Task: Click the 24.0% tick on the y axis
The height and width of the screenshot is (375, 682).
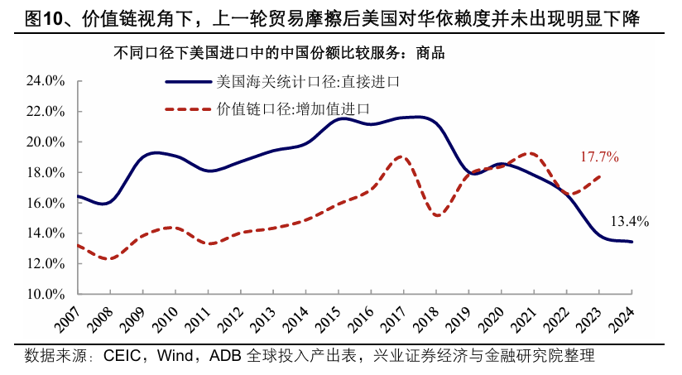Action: click(47, 81)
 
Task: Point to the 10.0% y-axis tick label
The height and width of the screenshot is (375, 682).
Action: click(47, 294)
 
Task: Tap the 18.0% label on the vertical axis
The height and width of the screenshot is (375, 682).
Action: click(47, 172)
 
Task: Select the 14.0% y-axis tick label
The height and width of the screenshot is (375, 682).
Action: click(47, 233)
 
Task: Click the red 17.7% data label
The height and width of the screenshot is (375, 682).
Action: click(599, 156)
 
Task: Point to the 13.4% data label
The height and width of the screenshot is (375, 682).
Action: click(629, 221)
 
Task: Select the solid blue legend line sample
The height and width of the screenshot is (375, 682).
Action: click(189, 81)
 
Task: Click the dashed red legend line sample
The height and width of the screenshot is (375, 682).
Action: click(189, 108)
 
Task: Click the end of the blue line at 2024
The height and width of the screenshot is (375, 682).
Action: click(632, 242)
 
